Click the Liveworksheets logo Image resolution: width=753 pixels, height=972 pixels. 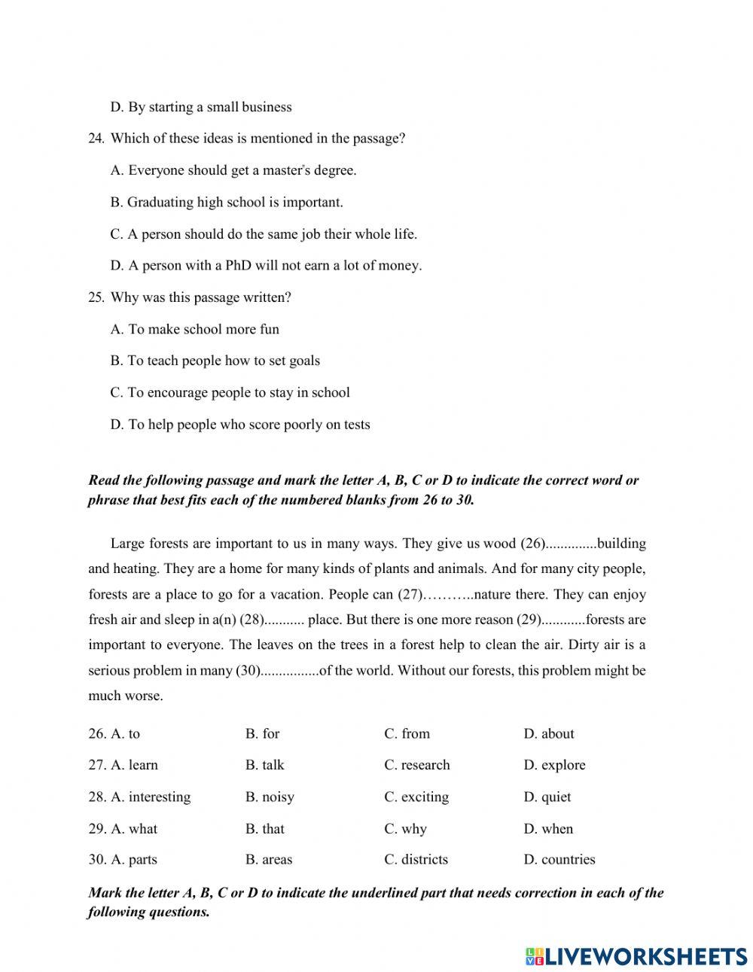[x=636, y=956]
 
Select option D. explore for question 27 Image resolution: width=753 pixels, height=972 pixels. [x=554, y=765]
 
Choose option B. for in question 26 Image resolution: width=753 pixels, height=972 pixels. [x=262, y=733]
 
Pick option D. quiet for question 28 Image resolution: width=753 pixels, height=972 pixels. [x=547, y=797]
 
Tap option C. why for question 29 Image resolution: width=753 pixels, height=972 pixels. [x=405, y=829]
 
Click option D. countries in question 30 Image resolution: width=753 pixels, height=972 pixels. [x=559, y=859]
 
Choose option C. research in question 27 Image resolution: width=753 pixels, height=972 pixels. [x=416, y=765]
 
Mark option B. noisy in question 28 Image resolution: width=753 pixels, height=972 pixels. [x=270, y=797]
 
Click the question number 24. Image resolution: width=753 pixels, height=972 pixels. [x=96, y=139]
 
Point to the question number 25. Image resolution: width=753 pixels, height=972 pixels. [x=96, y=297]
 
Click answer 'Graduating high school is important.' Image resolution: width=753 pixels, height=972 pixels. [x=227, y=202]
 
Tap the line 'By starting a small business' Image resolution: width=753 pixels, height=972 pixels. [x=201, y=107]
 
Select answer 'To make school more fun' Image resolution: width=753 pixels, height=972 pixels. [x=195, y=329]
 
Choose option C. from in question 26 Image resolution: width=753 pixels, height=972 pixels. [x=407, y=733]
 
